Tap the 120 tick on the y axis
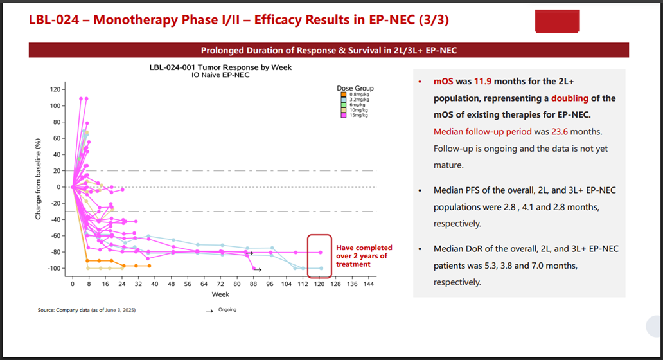point(56,89)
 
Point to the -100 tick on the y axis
point(55,268)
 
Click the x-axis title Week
point(220,294)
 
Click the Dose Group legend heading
point(355,88)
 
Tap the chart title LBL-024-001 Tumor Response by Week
point(220,67)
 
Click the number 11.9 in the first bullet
point(486,82)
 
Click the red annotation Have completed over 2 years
point(364,256)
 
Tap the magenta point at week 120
point(319,252)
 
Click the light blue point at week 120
point(319,268)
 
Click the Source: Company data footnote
point(87,310)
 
